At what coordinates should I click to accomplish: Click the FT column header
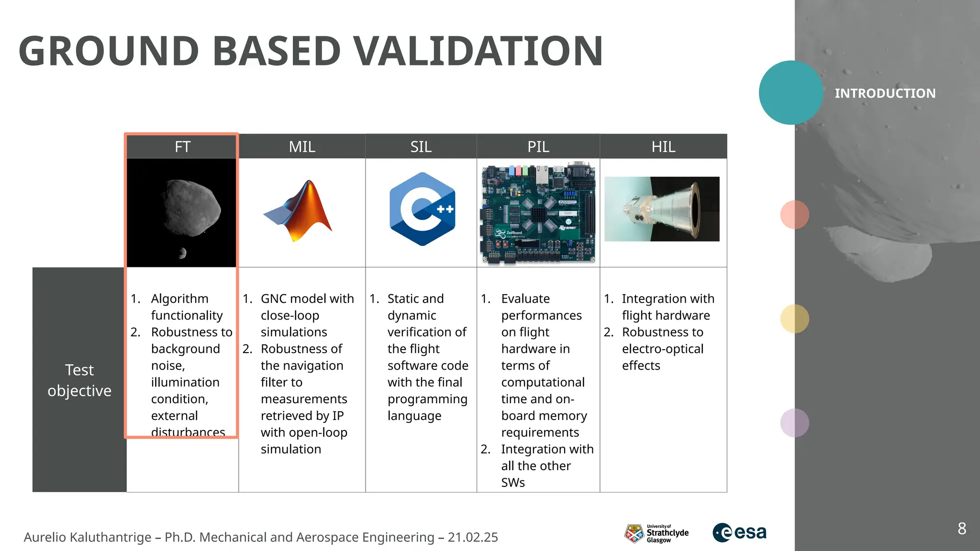tap(182, 146)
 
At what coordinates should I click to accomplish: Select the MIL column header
tap(302, 146)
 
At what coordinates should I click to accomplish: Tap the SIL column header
tap(421, 146)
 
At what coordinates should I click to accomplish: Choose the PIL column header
tap(538, 146)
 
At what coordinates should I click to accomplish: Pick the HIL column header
tap(663, 146)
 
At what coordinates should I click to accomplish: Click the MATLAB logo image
tap(300, 211)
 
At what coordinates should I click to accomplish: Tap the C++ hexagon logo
tap(422, 209)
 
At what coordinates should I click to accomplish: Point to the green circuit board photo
tap(538, 213)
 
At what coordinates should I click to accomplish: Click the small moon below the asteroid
tap(182, 253)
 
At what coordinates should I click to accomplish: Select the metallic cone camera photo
tap(662, 209)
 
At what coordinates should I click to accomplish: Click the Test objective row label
tap(79, 380)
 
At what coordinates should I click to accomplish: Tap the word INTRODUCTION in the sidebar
tap(885, 93)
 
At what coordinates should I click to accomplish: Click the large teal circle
tap(791, 93)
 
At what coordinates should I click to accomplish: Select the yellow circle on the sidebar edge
tap(794, 319)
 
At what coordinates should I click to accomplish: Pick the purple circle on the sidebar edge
tap(794, 423)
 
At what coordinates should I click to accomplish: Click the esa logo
tap(740, 532)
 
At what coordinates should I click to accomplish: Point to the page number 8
tap(962, 529)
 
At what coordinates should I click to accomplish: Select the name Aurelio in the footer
tap(45, 537)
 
